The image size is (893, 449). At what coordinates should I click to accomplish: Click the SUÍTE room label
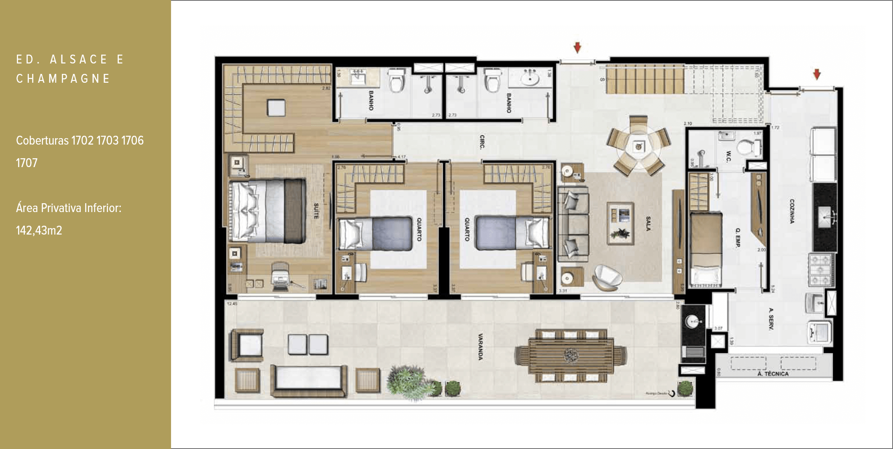coord(316,211)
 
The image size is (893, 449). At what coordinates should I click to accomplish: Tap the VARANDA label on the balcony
coord(480,346)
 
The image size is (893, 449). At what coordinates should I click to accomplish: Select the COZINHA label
coord(792,211)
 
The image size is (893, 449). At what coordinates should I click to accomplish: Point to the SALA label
coord(648,223)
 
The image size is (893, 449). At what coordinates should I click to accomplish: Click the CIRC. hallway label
coord(482,142)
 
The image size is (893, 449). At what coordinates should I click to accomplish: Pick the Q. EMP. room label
coord(738,237)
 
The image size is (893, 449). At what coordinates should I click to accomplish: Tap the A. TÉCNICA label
coord(773,374)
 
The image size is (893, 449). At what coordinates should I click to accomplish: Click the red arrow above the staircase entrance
coord(577,47)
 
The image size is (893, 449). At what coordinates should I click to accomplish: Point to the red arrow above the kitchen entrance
coord(817,74)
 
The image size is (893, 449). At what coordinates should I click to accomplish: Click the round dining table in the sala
coord(638,147)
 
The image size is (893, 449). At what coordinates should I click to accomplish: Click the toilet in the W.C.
coord(750,146)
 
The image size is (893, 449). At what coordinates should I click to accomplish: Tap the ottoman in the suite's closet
coord(276,108)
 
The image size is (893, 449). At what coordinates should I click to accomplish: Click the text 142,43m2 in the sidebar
coord(39,231)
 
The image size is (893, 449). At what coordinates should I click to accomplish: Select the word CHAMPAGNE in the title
coord(63,79)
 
